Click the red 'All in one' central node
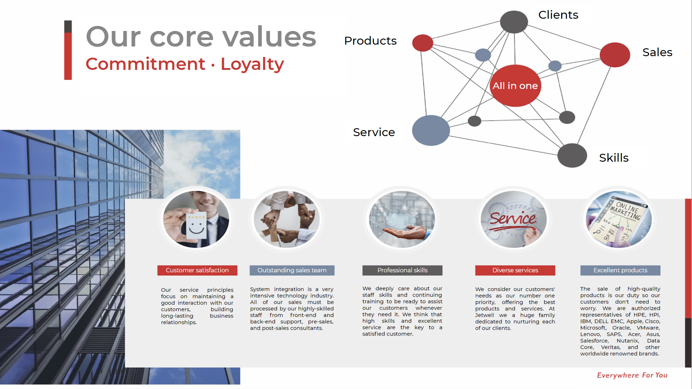(515, 86)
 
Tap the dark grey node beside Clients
(514, 22)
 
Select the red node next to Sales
(615, 55)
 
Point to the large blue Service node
(431, 130)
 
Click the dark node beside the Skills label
(572, 155)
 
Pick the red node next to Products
(423, 43)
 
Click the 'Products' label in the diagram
(371, 41)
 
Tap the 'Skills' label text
(614, 158)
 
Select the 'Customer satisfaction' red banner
(197, 270)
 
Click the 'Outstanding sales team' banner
(292, 270)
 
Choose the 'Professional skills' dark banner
(402, 270)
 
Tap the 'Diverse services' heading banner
(515, 270)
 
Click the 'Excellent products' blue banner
(620, 270)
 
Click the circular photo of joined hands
(287, 219)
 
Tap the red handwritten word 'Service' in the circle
(513, 219)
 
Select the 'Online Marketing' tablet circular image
(619, 219)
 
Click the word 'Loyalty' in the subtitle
(252, 64)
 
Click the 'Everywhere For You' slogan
(632, 375)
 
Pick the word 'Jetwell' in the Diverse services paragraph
(484, 315)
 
